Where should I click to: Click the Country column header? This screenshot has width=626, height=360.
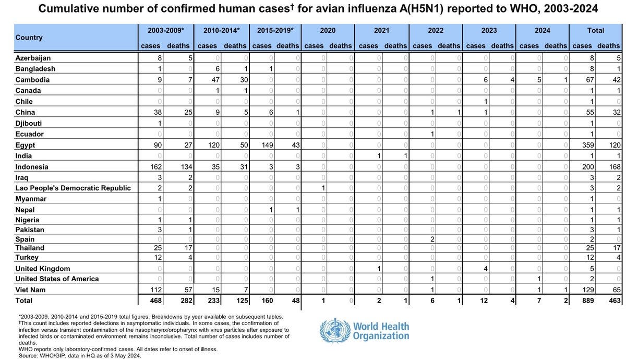pos(29,38)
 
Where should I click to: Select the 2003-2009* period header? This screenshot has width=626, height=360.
pos(166,30)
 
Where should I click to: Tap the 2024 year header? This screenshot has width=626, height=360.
pos(542,30)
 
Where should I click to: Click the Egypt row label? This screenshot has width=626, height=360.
pos(26,145)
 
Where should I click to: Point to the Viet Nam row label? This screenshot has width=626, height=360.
pos(30,290)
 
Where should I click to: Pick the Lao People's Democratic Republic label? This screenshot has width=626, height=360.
pos(73,188)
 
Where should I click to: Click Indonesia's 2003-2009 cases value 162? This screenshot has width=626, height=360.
pos(155,167)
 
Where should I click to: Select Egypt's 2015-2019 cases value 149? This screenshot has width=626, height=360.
pos(267,145)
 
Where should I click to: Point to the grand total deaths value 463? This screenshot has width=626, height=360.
pos(614,301)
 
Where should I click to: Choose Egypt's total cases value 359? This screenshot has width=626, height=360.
pos(587,145)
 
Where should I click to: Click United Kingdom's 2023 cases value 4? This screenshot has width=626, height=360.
pos(486,269)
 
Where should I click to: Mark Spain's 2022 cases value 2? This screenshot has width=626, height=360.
pos(432,239)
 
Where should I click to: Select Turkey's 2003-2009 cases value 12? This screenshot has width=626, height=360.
pos(157,258)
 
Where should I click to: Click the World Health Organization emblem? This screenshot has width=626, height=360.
pos(335,331)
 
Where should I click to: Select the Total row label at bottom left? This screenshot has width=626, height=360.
pos(24,301)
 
